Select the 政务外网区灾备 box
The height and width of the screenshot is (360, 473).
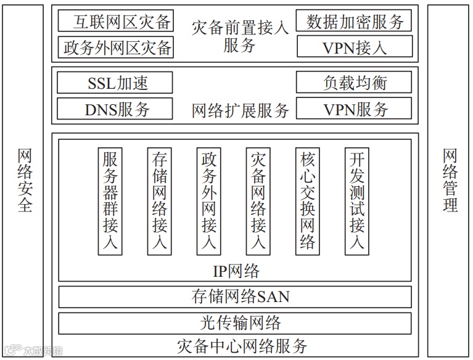115,47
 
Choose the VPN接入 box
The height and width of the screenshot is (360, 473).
354,47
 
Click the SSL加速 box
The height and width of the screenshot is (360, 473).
115,83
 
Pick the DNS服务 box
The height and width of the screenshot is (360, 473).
115,109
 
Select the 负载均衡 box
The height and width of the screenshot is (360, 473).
354,83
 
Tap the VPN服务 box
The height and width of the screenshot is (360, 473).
354,109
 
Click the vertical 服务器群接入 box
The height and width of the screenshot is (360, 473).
110,200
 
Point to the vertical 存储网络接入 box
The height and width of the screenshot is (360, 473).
159,200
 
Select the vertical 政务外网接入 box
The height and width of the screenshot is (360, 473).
208,200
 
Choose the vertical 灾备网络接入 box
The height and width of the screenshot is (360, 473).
258,200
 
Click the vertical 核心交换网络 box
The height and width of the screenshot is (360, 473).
307,200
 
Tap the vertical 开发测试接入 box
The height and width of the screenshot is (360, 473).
356,200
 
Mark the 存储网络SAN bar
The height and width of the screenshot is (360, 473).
235,297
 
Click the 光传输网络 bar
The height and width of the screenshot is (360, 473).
235,322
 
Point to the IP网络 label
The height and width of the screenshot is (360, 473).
236,271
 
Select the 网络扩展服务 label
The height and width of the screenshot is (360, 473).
240,110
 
